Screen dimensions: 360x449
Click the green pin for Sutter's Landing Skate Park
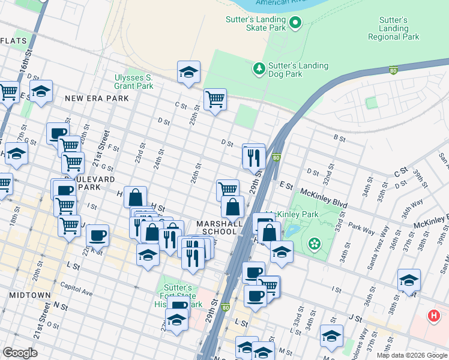[295, 23]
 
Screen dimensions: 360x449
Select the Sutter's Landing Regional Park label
[393, 28]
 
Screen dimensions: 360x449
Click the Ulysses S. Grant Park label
[134, 82]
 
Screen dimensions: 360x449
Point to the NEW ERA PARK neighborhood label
[97, 98]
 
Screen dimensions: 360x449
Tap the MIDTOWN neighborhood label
[29, 295]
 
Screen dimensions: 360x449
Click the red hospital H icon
[433, 316]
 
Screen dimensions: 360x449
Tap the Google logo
[20, 352]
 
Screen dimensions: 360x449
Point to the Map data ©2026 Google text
[412, 355]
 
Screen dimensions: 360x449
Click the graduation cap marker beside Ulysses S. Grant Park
[188, 72]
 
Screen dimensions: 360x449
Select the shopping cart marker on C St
[215, 98]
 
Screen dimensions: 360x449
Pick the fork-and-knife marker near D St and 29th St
[254, 157]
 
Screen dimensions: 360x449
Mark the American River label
[276, 3]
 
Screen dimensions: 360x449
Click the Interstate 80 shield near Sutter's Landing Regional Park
[393, 70]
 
